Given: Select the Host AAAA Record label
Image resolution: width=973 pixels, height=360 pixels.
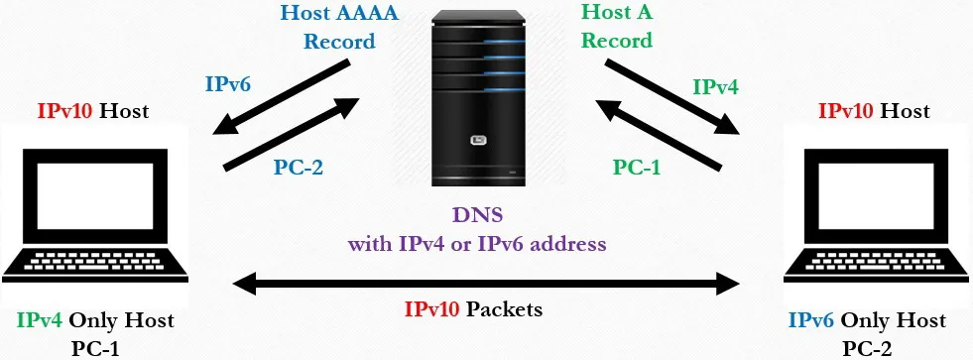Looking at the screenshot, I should pos(339,27).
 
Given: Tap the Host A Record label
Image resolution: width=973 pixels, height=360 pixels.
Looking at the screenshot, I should pos(618,27).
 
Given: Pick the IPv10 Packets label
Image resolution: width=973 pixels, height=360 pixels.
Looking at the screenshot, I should pos(473,309).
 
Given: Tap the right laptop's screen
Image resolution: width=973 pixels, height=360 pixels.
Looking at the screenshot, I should pos(874,193).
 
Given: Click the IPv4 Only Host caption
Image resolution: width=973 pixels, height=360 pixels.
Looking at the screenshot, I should pos(95,320).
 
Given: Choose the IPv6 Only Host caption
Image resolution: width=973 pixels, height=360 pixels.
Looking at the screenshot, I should pos(867,320).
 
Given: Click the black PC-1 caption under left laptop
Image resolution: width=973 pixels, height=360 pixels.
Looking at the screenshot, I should pos(95,347).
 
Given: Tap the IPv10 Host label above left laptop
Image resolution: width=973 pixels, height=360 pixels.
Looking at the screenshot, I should pos(93,111).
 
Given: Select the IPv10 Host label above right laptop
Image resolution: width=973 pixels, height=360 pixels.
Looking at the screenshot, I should pos(874,111).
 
